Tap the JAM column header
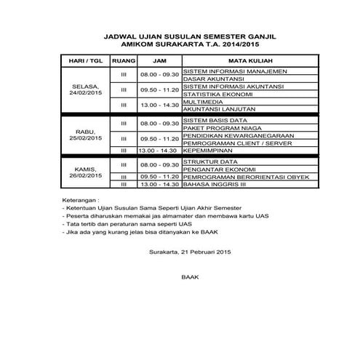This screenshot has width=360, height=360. click(159, 60)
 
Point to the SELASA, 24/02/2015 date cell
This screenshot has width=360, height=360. click(84, 90)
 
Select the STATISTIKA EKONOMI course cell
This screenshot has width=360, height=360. click(218, 95)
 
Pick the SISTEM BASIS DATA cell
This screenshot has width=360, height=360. click(216, 120)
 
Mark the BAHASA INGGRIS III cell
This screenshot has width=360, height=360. click(216, 185)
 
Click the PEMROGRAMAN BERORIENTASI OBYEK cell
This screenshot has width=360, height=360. click(247, 177)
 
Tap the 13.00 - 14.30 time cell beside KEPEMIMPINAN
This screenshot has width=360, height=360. click(159, 151)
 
